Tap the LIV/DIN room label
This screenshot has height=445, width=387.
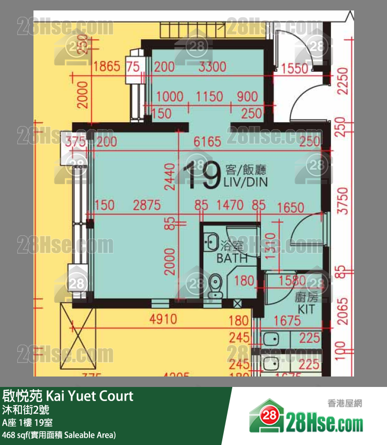pyautogui.click(x=245, y=183)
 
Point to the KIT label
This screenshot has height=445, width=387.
pyautogui.click(x=307, y=310)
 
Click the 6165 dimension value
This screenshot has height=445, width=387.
pyautogui.click(x=207, y=141)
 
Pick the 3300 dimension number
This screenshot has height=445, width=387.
pyautogui.click(x=212, y=66)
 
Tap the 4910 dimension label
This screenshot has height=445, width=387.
pyautogui.click(x=163, y=319)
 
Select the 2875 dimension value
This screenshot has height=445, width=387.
pyautogui.click(x=146, y=206)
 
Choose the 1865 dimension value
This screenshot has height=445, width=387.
pyautogui.click(x=107, y=66)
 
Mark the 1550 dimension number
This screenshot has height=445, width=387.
pyautogui.click(x=294, y=68)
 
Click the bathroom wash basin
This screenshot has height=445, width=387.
pyautogui.click(x=212, y=242)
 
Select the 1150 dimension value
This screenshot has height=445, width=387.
pyautogui.click(x=209, y=97)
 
